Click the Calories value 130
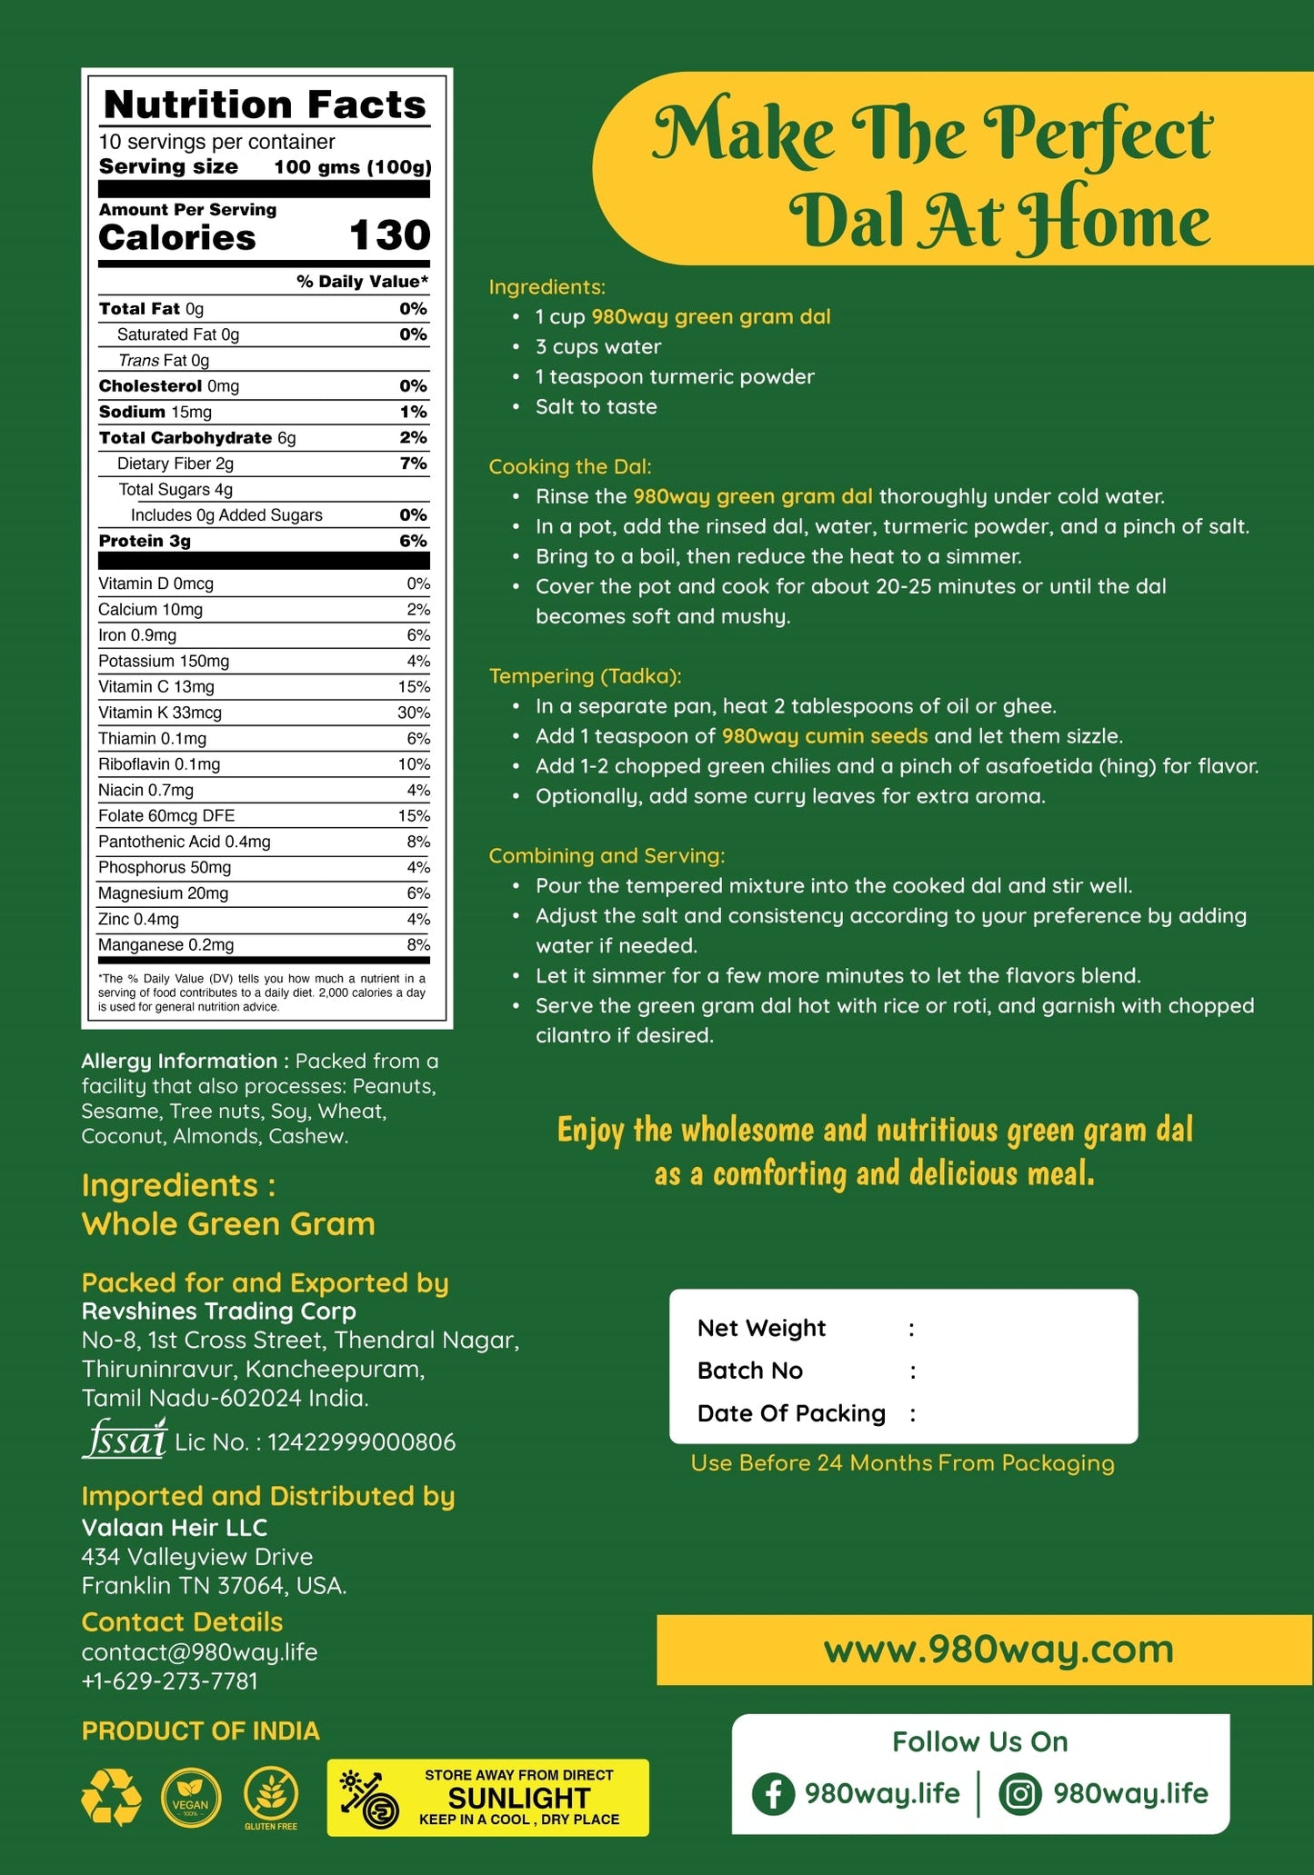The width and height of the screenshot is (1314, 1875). (389, 235)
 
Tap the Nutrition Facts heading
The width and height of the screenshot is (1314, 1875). (265, 105)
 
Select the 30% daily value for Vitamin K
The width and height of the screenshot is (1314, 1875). (414, 713)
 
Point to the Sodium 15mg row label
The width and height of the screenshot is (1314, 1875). (155, 412)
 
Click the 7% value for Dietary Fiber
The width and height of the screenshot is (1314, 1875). (413, 464)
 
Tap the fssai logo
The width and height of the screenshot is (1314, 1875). (125, 1441)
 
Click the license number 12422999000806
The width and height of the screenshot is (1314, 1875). (361, 1442)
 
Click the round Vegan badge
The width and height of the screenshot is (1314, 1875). (191, 1799)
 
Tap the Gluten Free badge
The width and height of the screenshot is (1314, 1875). (271, 1799)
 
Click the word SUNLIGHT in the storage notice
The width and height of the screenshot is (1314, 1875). (519, 1798)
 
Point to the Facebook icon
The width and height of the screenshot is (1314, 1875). (773, 1793)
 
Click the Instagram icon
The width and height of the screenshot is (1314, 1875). (1020, 1793)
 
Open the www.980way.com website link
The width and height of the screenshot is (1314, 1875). (998, 1650)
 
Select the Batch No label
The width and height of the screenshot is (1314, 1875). (750, 1371)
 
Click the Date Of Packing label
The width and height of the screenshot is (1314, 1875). (791, 1413)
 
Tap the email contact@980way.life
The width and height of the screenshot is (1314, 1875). (199, 1652)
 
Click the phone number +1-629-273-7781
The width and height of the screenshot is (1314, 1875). (170, 1681)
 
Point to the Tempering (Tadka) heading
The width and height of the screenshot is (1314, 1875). (585, 675)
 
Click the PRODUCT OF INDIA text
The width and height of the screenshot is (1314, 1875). (201, 1731)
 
